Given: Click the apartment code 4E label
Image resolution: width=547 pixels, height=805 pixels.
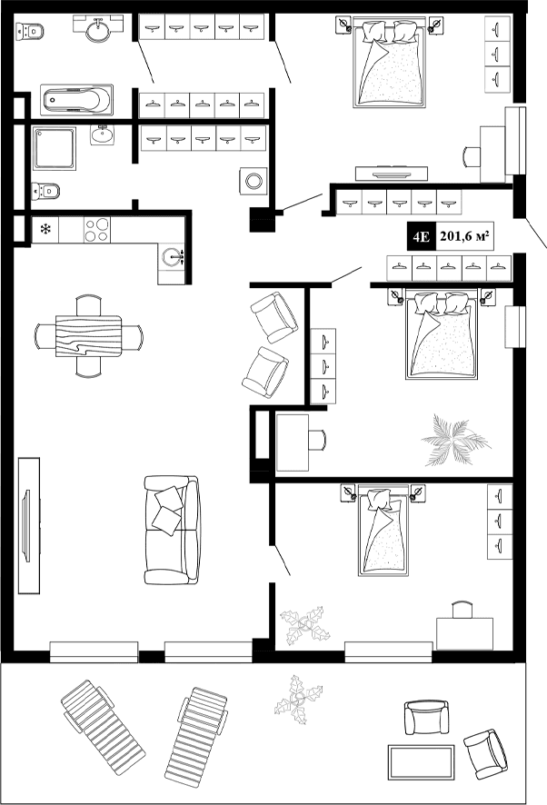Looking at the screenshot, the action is coord(422,236).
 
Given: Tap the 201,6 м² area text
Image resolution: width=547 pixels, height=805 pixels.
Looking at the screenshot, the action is coord(464,236).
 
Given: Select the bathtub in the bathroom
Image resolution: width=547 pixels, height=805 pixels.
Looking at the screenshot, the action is coord(76,100).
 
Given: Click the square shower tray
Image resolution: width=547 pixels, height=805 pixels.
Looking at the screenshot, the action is coord(55,148).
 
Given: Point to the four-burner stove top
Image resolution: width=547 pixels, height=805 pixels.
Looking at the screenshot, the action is coord(97,230).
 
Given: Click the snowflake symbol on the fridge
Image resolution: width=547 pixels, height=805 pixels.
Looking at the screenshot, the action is coord(46,229).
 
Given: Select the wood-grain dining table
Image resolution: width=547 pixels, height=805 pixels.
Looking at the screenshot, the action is coord(88,336).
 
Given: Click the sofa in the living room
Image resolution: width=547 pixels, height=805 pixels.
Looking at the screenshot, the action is coord(172,530).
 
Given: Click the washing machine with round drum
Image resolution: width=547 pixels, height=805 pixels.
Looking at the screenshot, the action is coord(254,181).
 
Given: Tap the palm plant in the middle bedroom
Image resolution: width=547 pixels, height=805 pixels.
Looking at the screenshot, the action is coord(454,440).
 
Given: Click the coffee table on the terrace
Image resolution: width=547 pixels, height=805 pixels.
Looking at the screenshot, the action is coord(422,762).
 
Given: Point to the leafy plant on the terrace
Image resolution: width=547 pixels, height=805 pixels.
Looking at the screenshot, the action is coord(298,700).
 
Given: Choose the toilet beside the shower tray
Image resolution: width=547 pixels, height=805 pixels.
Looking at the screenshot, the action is coord(45,191).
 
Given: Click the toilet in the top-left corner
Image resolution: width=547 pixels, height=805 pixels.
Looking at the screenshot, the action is coord(29,31).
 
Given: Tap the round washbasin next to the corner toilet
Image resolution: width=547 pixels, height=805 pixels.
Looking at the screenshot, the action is coord(99,29).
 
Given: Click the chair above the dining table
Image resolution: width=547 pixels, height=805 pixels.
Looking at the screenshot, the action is coord(88,305).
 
